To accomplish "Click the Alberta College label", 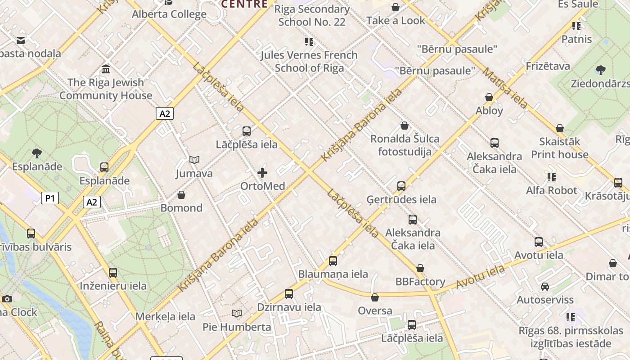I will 169,14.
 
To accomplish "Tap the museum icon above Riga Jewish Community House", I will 106,69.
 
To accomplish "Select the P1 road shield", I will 50,198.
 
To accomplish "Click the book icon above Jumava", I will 194,160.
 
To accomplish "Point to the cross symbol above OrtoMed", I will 262,172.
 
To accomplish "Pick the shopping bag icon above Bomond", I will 181,195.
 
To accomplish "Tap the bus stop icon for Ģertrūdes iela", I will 401,186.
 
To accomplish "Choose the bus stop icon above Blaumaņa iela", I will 333,261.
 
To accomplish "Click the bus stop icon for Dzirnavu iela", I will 289,294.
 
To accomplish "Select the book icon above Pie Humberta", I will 237,313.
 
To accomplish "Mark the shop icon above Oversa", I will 375,297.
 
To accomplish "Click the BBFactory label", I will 420,282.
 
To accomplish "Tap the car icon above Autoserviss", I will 545,287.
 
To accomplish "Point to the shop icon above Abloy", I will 489,97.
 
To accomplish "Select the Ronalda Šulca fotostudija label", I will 405,145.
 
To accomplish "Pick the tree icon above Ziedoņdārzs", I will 600,70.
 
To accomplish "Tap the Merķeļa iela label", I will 165,316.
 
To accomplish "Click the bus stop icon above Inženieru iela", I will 113,272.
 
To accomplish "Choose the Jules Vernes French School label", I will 309,62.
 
